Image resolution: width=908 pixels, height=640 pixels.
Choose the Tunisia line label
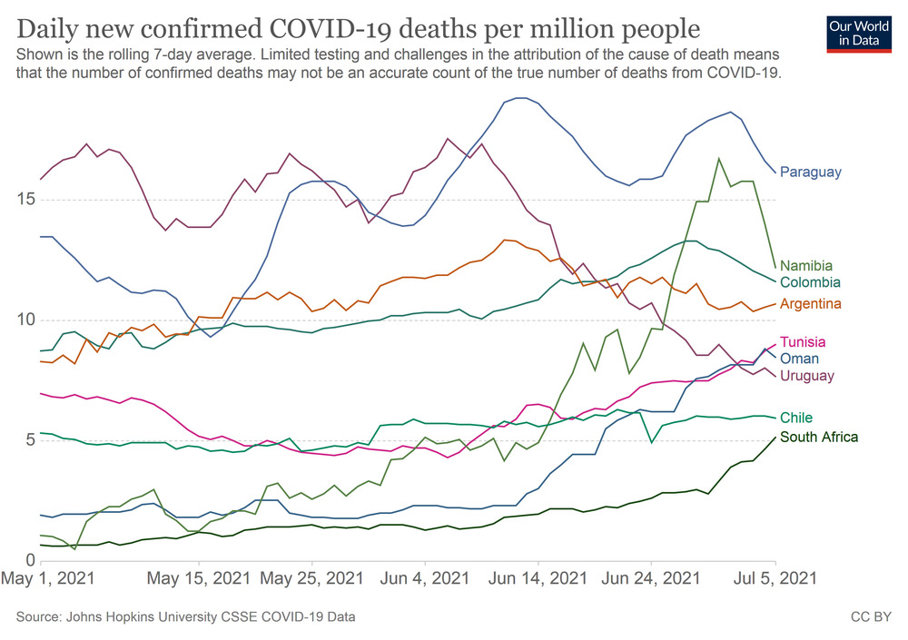pyautogui.click(x=804, y=342)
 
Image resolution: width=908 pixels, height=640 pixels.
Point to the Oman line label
pyautogui.click(x=800, y=359)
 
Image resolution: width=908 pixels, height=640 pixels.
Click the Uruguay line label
pyautogui.click(x=807, y=375)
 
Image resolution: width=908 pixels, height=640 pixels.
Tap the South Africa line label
pyautogui.click(x=819, y=437)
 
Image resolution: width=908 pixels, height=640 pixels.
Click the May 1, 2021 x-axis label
pyautogui.click(x=49, y=578)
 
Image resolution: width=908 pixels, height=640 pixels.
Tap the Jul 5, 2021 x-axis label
pyautogui.click(x=775, y=578)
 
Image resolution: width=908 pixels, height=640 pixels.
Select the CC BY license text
pyautogui.click(x=870, y=617)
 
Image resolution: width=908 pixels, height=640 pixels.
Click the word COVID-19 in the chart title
pyautogui.click(x=362, y=27)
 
